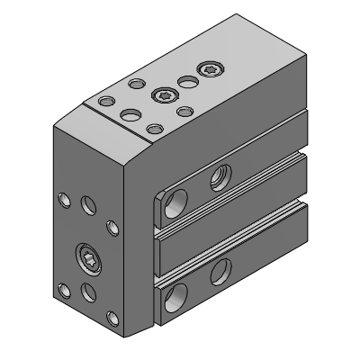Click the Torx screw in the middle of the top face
click(163, 94)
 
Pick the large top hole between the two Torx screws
click(188, 82)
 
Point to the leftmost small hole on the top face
click(107, 100)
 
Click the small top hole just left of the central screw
click(136, 85)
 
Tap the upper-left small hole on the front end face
click(63, 199)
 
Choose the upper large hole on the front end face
click(89, 206)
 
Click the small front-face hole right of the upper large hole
click(112, 225)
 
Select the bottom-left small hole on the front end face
click(63, 290)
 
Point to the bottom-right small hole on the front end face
click(112, 317)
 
